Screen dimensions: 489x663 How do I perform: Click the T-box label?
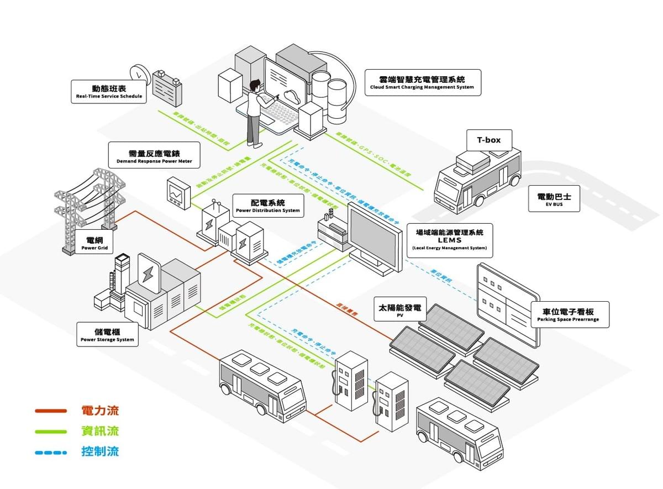point(489,140)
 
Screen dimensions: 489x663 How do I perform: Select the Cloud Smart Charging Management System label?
point(422,83)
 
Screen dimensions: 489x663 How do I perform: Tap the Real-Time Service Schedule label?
point(109,91)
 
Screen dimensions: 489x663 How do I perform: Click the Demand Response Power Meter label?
point(154,156)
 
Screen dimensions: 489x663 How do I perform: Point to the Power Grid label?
point(94,244)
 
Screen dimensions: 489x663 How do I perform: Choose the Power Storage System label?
point(107,335)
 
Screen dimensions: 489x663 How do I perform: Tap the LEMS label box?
point(449,240)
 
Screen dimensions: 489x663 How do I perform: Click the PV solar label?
point(399,310)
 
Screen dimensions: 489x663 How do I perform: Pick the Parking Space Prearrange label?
point(570,315)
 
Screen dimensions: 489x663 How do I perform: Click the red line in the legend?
point(51,411)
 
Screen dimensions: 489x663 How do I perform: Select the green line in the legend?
point(51,432)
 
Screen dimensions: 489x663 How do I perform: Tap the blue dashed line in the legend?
point(51,452)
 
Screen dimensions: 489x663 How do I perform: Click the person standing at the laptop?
point(254,113)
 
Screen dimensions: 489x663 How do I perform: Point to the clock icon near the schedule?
point(140,75)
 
